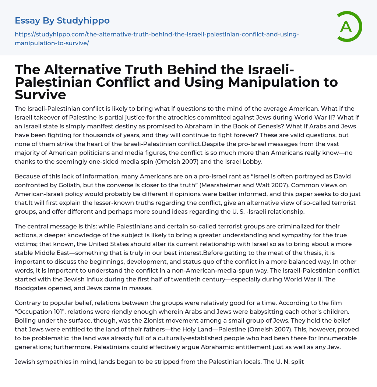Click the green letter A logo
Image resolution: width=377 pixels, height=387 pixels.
(x=347, y=26)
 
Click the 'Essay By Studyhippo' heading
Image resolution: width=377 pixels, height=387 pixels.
(x=62, y=21)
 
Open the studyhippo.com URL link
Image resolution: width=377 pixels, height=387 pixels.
(x=157, y=39)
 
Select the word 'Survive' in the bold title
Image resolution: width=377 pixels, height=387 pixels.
(x=40, y=95)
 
